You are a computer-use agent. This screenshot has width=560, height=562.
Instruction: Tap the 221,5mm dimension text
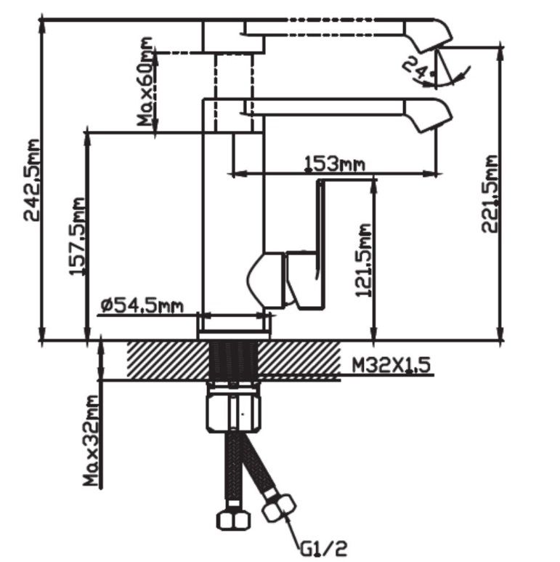[x=492, y=193]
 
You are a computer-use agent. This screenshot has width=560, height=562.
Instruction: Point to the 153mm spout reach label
[x=333, y=165]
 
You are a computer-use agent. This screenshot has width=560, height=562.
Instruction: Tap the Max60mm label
[x=148, y=84]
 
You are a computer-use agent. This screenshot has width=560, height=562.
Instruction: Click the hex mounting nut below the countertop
[x=233, y=412]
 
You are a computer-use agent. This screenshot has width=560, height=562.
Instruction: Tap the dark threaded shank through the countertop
[x=233, y=360]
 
